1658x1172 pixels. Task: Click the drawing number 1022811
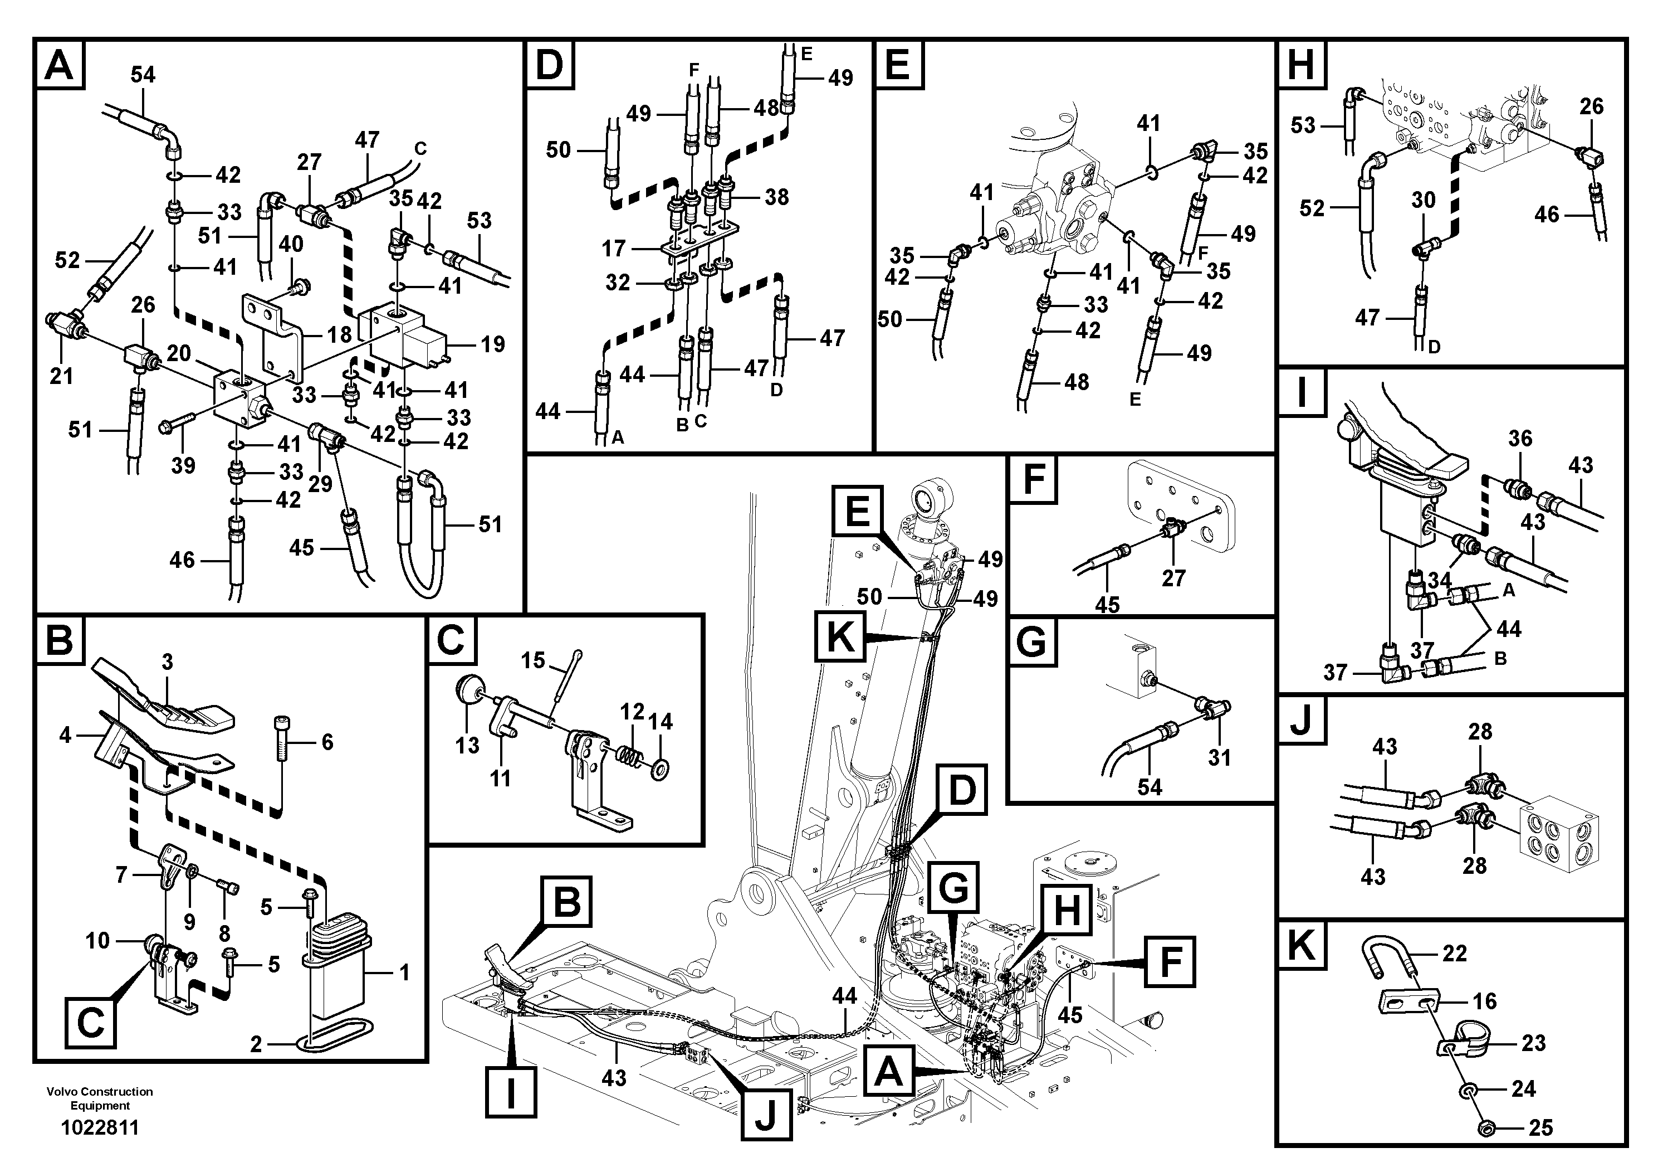pos(100,1128)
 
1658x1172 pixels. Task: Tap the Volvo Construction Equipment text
pos(100,1098)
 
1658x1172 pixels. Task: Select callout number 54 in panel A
pos(143,75)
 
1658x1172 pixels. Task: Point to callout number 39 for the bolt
pos(183,465)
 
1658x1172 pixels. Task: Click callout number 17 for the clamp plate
pos(614,249)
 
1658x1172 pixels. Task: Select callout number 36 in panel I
pos(1520,438)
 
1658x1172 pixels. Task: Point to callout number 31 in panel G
pos(1219,758)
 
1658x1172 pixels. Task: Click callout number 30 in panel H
pos(1424,200)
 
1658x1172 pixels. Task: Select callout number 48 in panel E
pos(1076,382)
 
